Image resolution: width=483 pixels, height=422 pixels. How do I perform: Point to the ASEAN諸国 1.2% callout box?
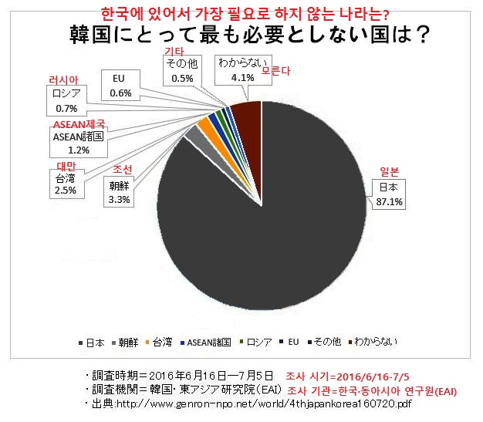(x=78, y=143)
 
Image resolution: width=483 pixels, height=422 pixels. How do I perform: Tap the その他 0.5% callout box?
(x=183, y=72)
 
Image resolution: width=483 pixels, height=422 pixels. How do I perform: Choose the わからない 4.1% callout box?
(x=241, y=72)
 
